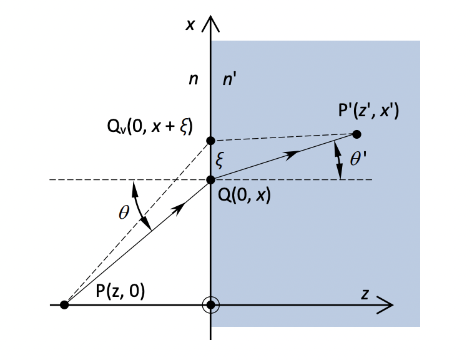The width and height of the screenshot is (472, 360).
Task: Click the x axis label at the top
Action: point(190,25)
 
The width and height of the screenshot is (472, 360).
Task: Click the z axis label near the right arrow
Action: point(365,294)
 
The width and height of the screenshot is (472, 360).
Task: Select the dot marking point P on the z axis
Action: point(64,305)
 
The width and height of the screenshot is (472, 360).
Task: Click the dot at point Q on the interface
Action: point(210,180)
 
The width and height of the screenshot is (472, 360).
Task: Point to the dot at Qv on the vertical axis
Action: point(210,141)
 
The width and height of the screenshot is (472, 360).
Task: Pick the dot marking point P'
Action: point(356,134)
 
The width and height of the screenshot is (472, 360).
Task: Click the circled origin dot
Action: point(211,305)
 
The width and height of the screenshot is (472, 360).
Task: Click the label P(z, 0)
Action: point(120,291)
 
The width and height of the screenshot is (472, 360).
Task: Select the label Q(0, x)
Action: point(244,195)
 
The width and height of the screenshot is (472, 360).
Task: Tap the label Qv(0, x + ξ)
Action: point(150,126)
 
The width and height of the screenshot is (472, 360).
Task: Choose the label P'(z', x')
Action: point(369,111)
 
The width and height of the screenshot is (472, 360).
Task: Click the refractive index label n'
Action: point(229,79)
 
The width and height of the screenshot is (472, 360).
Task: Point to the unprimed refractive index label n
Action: point(194,79)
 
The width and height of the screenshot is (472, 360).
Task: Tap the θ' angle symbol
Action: point(358,159)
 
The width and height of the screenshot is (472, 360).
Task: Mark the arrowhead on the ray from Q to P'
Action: point(292,155)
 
